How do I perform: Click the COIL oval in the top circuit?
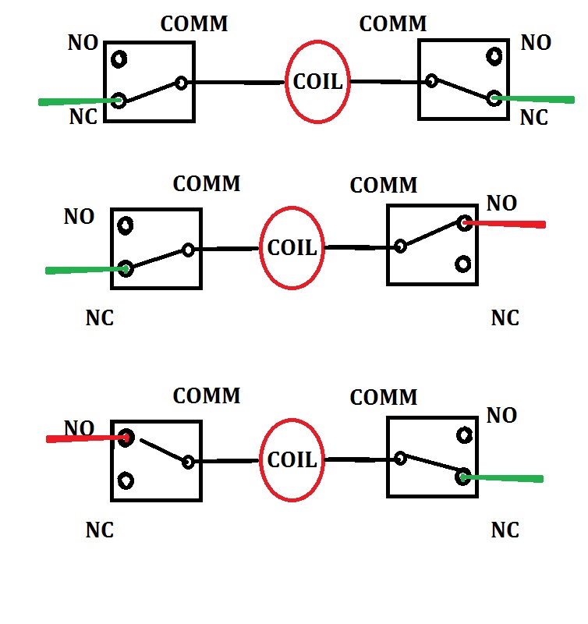coord(317,81)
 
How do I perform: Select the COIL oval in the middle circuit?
coord(292,248)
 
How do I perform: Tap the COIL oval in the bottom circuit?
coord(292,460)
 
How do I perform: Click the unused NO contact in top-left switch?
coord(119,58)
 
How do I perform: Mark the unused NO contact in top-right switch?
coord(494,56)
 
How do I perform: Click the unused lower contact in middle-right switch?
coord(463,264)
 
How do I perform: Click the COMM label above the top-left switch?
coord(193,23)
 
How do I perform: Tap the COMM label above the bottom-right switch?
coord(384,397)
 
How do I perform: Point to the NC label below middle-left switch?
coord(99,318)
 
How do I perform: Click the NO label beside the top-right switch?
coord(536,42)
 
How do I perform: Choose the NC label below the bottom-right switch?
coord(505,530)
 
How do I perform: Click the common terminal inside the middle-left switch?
coord(188,250)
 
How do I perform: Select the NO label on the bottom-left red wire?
coord(79,428)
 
